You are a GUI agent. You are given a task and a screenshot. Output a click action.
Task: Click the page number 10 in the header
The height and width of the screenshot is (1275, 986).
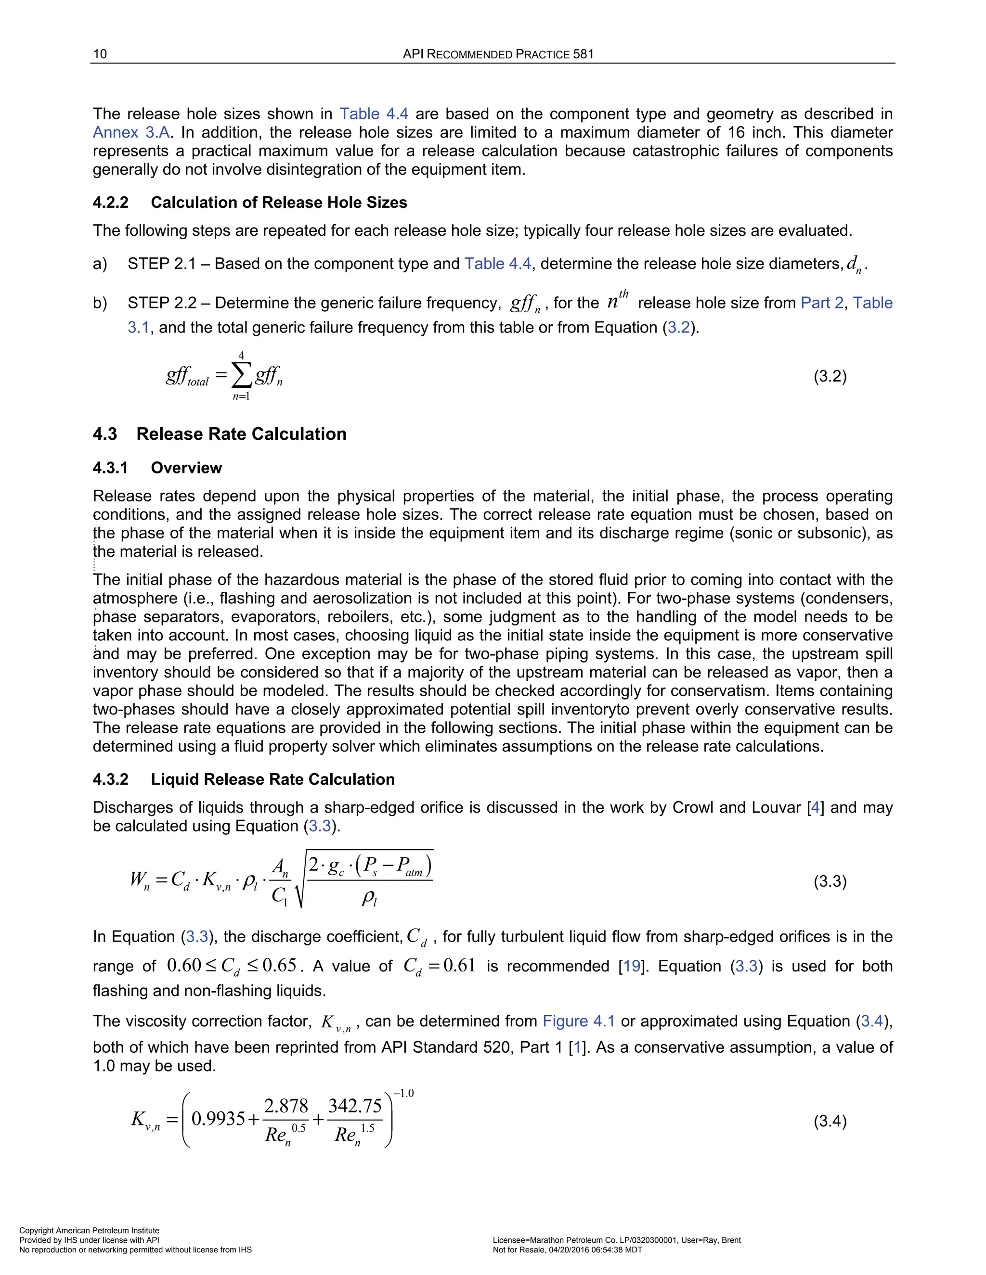pyautogui.click(x=100, y=54)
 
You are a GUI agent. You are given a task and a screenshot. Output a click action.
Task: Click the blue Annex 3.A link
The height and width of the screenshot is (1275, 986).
pyautogui.click(x=131, y=132)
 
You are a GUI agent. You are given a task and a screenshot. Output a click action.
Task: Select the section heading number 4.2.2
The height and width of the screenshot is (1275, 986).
pyautogui.click(x=110, y=203)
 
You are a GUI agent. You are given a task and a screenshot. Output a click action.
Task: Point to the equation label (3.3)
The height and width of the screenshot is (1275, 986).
pyautogui.click(x=830, y=881)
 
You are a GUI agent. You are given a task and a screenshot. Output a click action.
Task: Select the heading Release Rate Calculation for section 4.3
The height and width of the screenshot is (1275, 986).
pyautogui.click(x=241, y=434)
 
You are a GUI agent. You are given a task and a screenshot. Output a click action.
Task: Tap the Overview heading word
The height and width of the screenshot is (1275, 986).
pyautogui.click(x=186, y=468)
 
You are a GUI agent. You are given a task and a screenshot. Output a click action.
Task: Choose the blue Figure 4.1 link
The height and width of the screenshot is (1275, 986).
pyautogui.click(x=578, y=1021)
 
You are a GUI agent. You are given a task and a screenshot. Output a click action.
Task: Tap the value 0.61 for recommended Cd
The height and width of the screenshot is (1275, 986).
pyautogui.click(x=459, y=966)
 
